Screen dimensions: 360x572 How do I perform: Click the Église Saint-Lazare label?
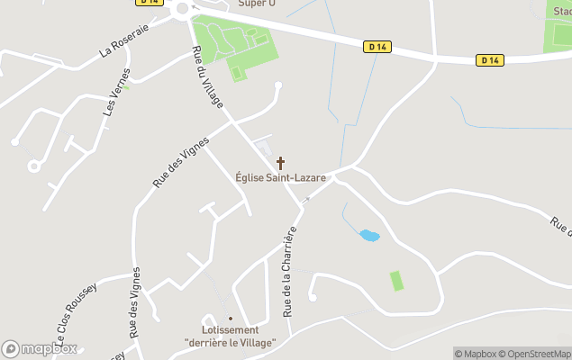280,178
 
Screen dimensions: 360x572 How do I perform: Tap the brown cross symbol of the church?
280,163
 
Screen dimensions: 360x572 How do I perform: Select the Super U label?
256,4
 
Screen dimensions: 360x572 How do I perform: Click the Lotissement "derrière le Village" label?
230,336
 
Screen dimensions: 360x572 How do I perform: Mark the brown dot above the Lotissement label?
230,318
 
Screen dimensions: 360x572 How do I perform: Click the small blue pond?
369,236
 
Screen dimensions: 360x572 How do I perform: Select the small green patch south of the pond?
396,280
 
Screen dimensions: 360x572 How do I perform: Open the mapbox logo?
40,348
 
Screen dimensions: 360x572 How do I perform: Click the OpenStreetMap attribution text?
535,354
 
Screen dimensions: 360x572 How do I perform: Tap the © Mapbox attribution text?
475,354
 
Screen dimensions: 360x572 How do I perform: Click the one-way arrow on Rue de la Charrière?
306,200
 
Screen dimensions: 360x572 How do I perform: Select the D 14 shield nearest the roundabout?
150,2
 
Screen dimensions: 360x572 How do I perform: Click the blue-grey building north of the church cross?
263,147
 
